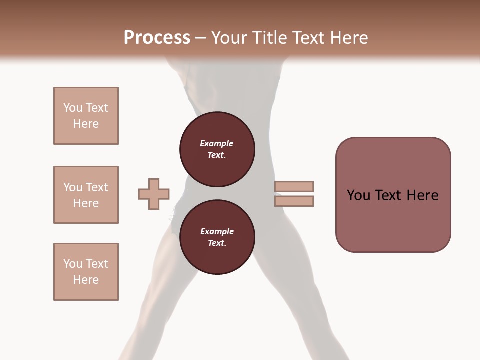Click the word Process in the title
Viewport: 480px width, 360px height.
pos(157,38)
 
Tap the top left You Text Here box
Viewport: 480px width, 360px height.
pos(86,116)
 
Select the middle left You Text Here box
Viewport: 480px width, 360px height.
pos(86,195)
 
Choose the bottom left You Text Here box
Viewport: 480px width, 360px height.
pos(86,272)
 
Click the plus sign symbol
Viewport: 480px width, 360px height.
pos(154,194)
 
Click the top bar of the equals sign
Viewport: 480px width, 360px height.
pos(294,186)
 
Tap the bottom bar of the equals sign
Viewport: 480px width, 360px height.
pos(294,201)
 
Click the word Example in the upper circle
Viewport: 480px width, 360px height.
pos(217,143)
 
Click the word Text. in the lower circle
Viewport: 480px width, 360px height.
pos(217,243)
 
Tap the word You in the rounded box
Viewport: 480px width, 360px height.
pos(358,195)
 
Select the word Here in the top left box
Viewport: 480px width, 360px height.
pos(86,124)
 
